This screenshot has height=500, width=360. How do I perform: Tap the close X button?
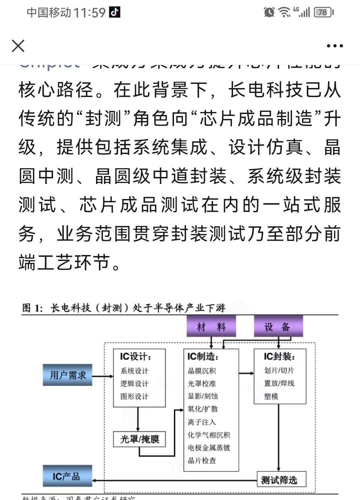[x=18, y=46]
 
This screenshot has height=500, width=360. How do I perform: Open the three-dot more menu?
[x=335, y=46]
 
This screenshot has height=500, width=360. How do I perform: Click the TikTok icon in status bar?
[x=115, y=12]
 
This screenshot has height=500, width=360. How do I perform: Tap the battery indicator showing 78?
[x=323, y=12]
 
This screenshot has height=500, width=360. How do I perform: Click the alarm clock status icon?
[x=269, y=12]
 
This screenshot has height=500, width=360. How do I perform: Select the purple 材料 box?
[x=211, y=327]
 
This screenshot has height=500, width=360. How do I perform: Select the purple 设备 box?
[x=278, y=327]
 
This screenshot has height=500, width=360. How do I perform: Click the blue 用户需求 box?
[x=68, y=375]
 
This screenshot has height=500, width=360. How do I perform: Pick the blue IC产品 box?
[x=68, y=476]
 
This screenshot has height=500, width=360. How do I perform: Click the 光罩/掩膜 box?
[x=139, y=439]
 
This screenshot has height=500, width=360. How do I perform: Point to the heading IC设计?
[x=136, y=357]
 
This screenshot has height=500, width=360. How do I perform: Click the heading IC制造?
[x=203, y=357]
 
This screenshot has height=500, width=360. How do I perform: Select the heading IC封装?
[x=279, y=357]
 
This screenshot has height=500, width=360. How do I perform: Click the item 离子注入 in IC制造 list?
[x=202, y=422]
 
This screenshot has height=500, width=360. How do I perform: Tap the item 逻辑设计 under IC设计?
[x=134, y=384]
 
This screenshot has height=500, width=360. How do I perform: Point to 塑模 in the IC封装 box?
[x=271, y=396]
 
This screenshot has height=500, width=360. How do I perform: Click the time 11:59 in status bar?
[x=89, y=13]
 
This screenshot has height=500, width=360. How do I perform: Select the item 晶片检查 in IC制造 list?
[x=202, y=461]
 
